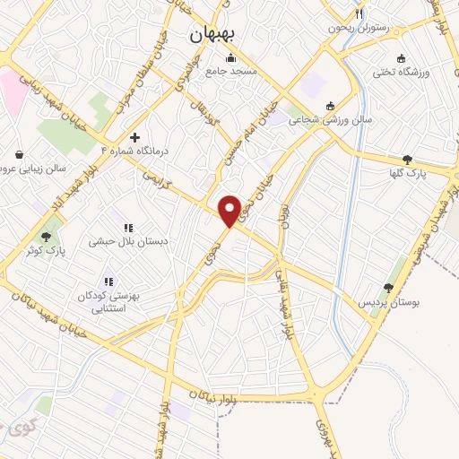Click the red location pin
[x=229, y=210]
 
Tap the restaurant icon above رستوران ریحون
[x=359, y=13]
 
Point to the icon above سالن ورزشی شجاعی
[x=330, y=105]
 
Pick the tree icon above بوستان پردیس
[x=388, y=288]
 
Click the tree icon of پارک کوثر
[x=46, y=237]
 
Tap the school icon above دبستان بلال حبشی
[x=128, y=228]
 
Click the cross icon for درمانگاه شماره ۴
[x=134, y=138]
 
